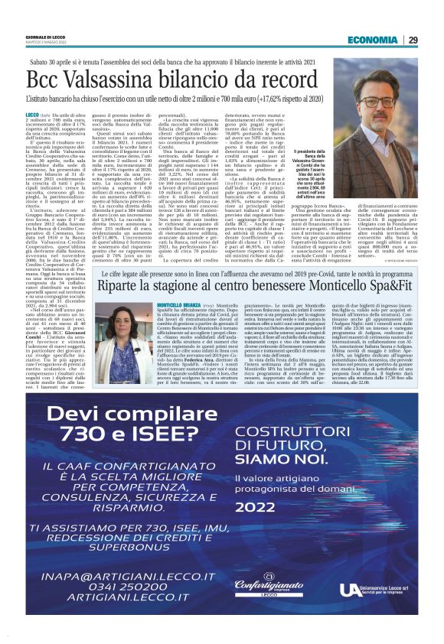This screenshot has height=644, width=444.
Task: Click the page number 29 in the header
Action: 413,40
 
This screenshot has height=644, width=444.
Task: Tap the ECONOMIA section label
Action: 372,40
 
